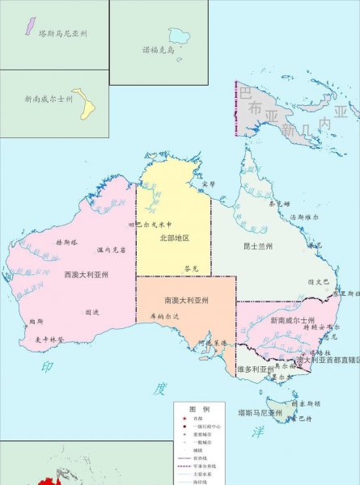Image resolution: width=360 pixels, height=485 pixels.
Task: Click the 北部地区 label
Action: coord(174,238)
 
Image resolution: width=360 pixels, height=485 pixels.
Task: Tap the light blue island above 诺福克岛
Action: coord(177,35)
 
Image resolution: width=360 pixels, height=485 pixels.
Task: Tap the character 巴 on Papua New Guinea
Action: coord(245,94)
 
